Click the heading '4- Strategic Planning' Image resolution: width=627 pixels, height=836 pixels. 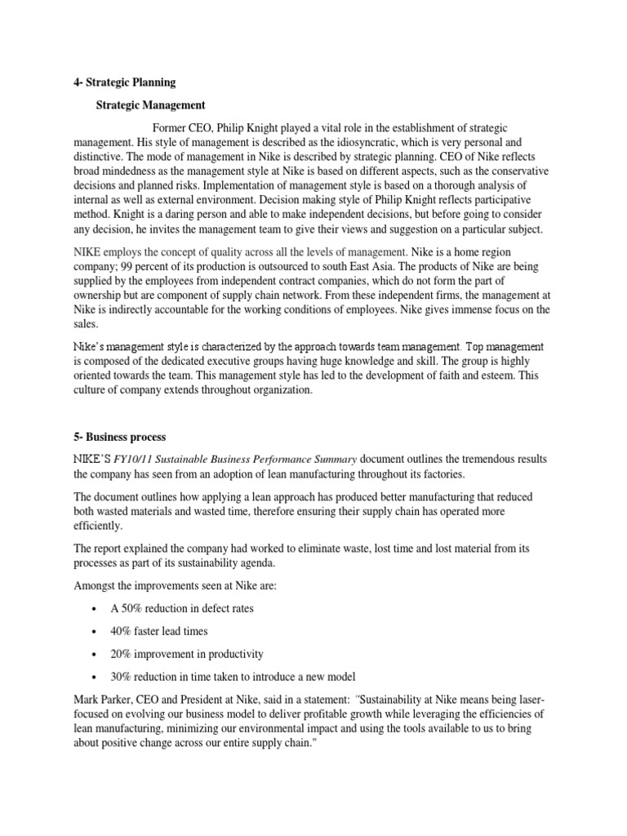pos(125,83)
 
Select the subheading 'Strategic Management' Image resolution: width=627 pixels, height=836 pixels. pos(150,105)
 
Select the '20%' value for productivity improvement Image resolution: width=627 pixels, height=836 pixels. pos(122,654)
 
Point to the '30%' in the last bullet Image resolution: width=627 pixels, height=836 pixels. pos(122,677)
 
